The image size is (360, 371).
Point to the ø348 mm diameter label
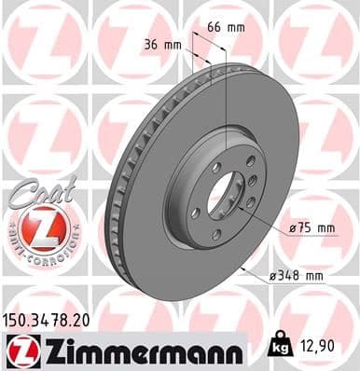(296, 275)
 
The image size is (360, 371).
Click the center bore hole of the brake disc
(221, 199)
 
